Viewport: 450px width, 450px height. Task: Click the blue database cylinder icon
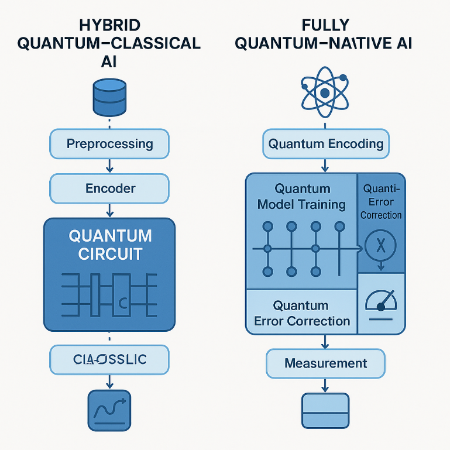pos(109,98)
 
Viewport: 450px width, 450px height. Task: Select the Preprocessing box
pos(109,144)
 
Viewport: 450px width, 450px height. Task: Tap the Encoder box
pos(109,188)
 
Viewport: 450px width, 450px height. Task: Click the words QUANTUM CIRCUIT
pos(110,245)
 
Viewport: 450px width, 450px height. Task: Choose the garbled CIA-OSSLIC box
pos(109,359)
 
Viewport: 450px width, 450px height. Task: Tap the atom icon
pos(325,92)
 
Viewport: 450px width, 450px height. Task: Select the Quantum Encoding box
pos(325,144)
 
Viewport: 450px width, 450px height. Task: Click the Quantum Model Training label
pos(302,197)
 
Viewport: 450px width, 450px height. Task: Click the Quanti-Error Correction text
pos(381,202)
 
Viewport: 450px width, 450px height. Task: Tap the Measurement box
pos(325,363)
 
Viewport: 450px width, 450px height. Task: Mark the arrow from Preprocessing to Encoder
pos(109,167)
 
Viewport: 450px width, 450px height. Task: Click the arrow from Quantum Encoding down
pos(325,166)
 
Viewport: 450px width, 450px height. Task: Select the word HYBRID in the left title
pos(109,25)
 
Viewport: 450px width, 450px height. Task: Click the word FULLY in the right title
pos(325,25)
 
